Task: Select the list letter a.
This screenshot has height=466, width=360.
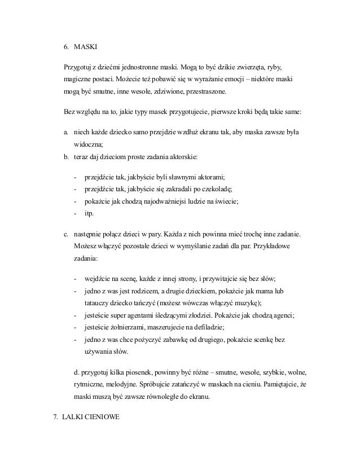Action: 66,133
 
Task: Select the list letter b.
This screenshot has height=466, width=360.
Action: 66,155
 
